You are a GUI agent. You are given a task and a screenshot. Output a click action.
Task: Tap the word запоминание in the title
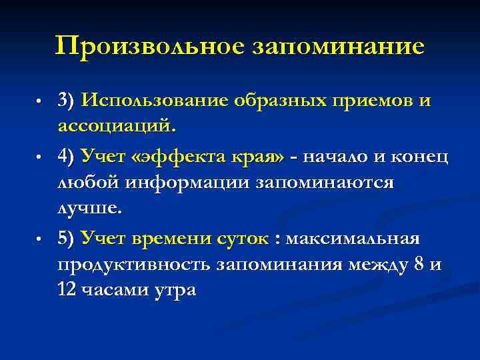[338, 46]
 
